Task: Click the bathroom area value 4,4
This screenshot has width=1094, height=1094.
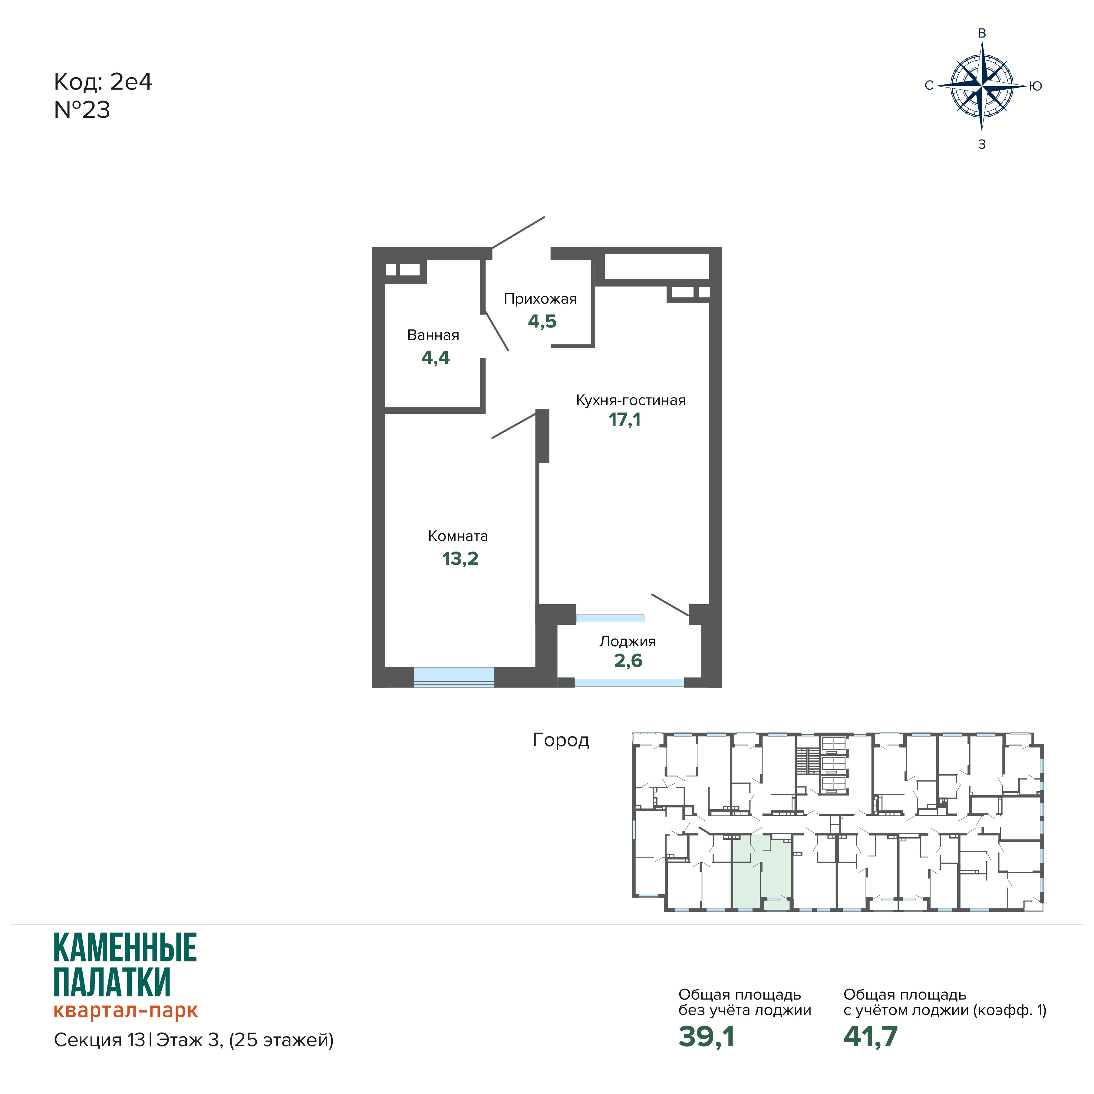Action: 435,358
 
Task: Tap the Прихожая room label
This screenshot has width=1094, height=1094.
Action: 540,299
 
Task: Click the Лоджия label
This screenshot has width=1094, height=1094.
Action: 628,641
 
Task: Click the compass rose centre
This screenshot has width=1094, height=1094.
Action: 982,87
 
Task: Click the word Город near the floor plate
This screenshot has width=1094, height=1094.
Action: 561,740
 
